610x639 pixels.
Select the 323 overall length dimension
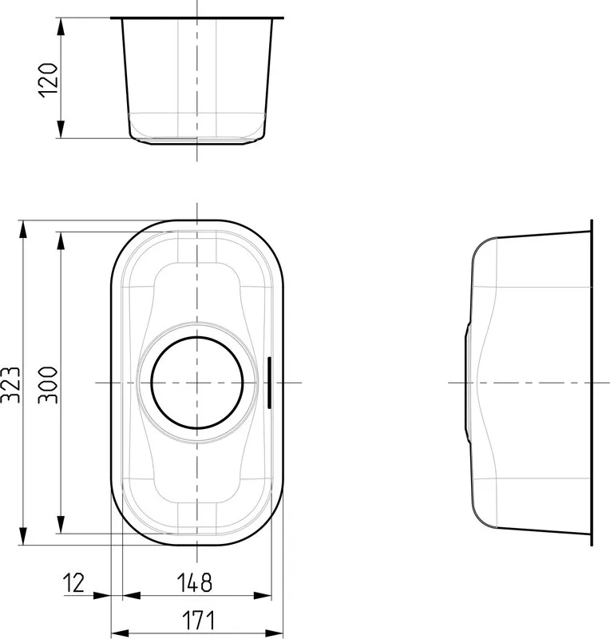pyautogui.click(x=10, y=385)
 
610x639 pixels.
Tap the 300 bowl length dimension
pyautogui.click(x=48, y=385)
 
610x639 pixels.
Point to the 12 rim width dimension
pyautogui.click(x=73, y=583)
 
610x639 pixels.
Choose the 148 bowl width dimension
pyautogui.click(x=194, y=583)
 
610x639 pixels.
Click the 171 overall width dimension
pyautogui.click(x=198, y=621)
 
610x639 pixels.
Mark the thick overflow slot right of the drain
pyautogui.click(x=269, y=383)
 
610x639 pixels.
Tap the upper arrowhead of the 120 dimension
pyautogui.click(x=61, y=26)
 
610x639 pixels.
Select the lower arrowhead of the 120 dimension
pyautogui.click(x=61, y=129)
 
